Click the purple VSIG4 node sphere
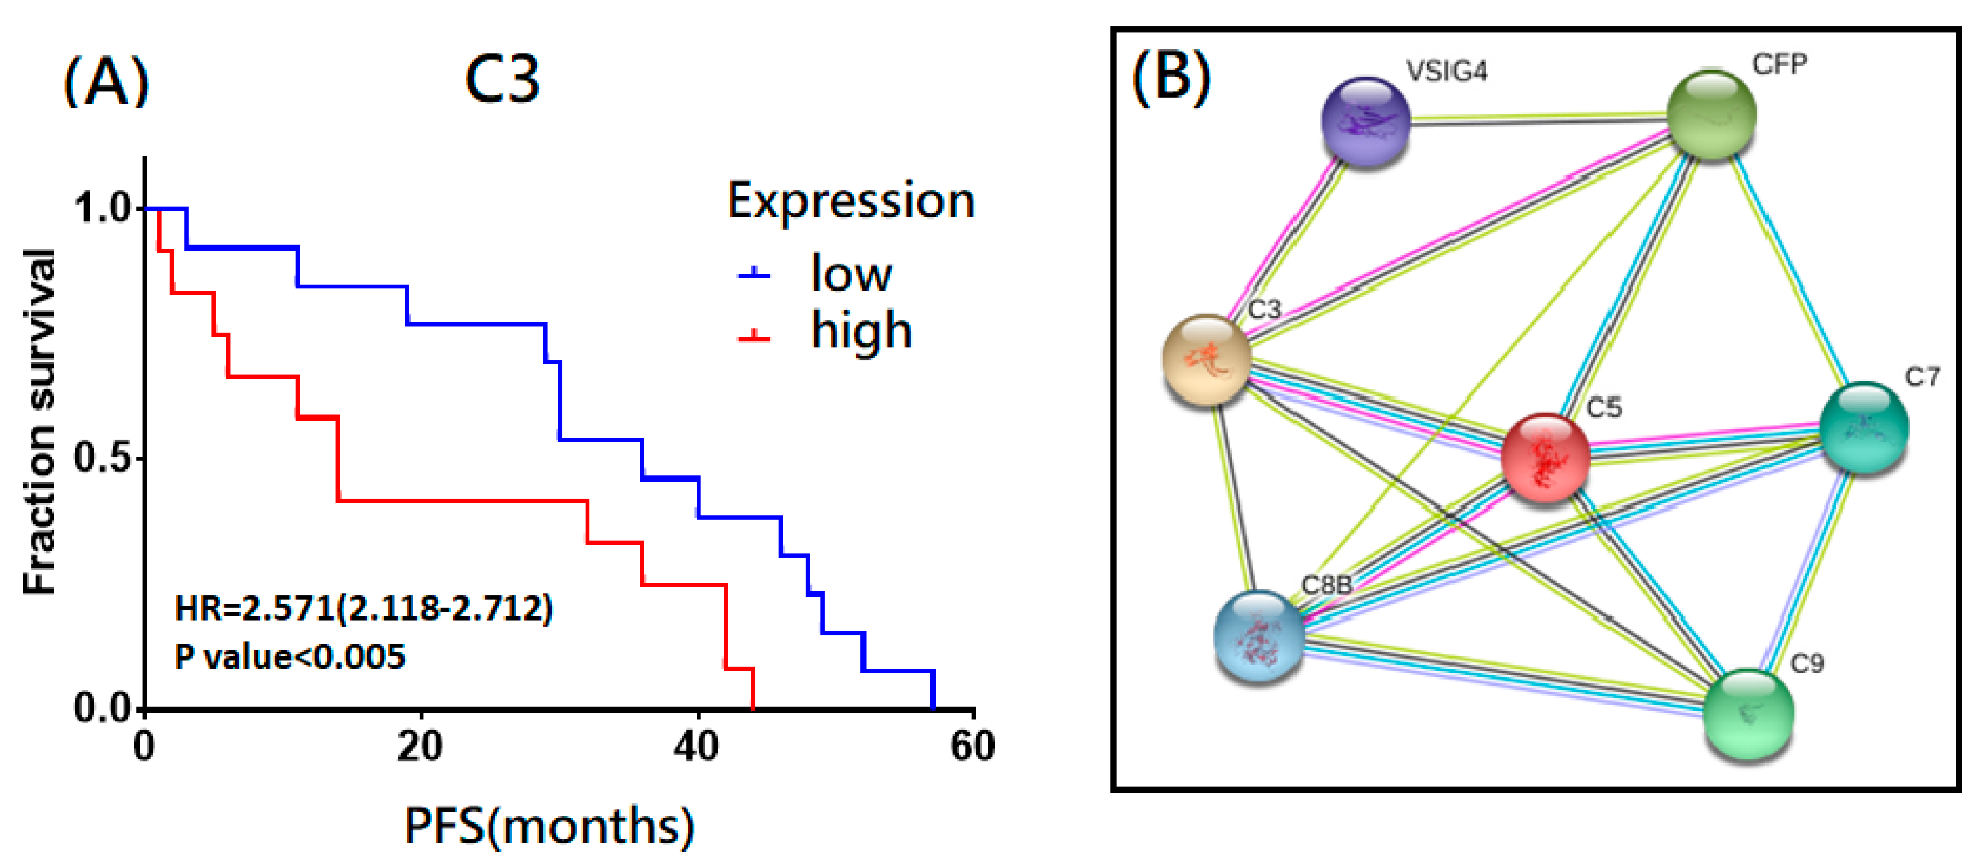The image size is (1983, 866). pyautogui.click(x=1366, y=121)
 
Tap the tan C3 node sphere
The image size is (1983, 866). pyautogui.click(x=1206, y=359)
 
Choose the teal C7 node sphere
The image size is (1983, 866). pyautogui.click(x=1864, y=427)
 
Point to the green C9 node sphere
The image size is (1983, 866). pyautogui.click(x=1749, y=713)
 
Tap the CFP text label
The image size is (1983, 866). pyautogui.click(x=1779, y=65)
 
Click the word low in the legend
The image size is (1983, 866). pyautogui.click(x=851, y=274)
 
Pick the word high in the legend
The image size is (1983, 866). pyautogui.click(x=861, y=332)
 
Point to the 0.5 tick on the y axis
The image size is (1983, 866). pyautogui.click(x=102, y=458)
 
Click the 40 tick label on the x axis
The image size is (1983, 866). pyautogui.click(x=697, y=747)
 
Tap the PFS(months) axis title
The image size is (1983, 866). pyautogui.click(x=549, y=826)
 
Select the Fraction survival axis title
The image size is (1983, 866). pyautogui.click(x=40, y=421)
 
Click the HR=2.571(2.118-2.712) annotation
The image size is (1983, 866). pyautogui.click(x=364, y=609)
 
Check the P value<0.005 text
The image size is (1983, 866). pyautogui.click(x=290, y=657)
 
